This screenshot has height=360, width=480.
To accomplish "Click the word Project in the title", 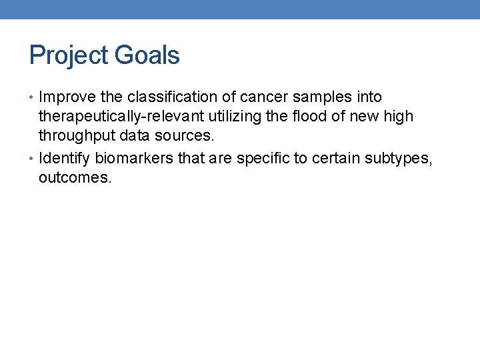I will (69, 55).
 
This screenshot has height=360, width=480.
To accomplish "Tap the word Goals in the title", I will (147, 55).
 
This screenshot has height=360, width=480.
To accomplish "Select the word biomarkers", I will (136, 158).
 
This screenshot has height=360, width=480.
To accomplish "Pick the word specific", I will (266, 158).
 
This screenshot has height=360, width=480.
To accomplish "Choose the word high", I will (399, 117).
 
